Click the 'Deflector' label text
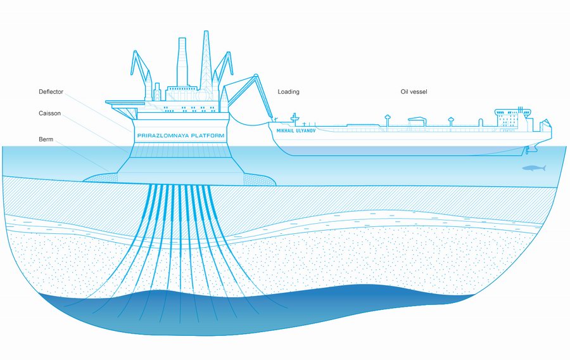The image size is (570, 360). [x=51, y=92]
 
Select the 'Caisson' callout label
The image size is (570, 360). [x=50, y=113]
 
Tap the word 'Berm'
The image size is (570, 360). [x=46, y=139]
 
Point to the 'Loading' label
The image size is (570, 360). [x=288, y=92]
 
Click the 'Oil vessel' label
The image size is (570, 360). [x=414, y=92]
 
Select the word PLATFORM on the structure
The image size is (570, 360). [x=208, y=136]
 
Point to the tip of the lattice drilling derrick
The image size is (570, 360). [x=206, y=31]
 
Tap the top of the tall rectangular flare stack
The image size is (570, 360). [x=182, y=39]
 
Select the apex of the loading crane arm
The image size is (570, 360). [x=256, y=75]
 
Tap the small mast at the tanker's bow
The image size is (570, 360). [x=294, y=118]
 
